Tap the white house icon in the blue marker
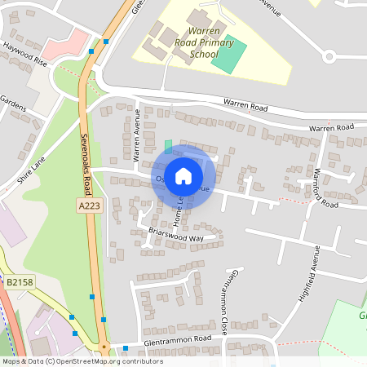(x=183, y=175)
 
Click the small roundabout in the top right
(x=329, y=56)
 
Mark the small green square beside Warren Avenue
(x=168, y=146)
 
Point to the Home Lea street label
(x=178, y=210)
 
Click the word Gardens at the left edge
(x=13, y=108)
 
